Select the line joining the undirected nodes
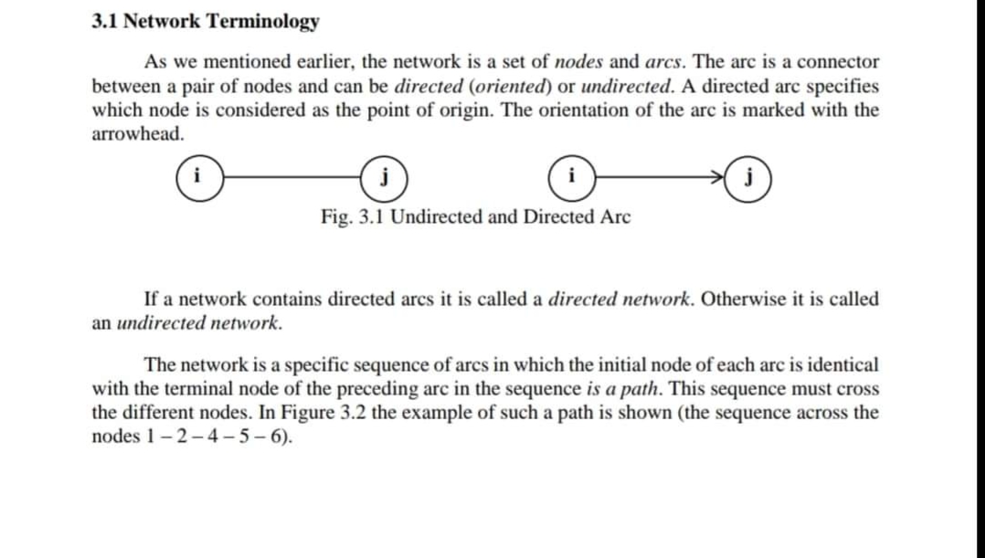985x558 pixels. [x=291, y=174]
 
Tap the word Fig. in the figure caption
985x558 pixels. [x=336, y=217]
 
